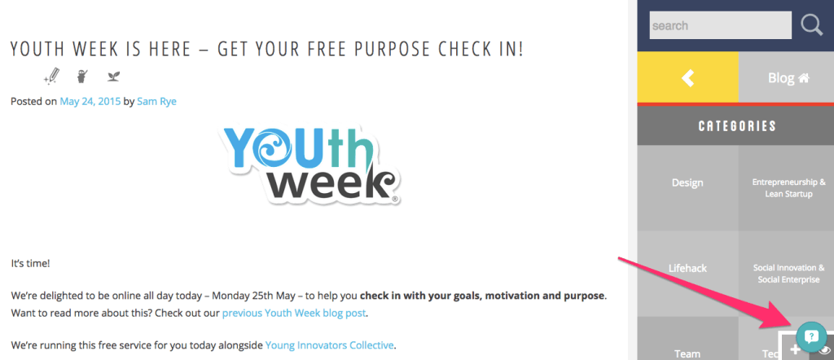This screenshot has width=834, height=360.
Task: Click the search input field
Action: pyautogui.click(x=720, y=25)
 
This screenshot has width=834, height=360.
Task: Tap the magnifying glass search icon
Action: pyautogui.click(x=812, y=25)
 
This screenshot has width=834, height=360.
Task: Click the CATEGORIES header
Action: pyautogui.click(x=737, y=126)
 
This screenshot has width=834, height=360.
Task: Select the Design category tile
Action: pyautogui.click(x=687, y=182)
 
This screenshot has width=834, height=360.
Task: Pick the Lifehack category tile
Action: pyautogui.click(x=687, y=268)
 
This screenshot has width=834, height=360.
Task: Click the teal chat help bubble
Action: pyautogui.click(x=811, y=336)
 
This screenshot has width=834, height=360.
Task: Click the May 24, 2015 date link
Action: pyautogui.click(x=90, y=101)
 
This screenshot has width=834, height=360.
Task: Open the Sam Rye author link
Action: pyautogui.click(x=156, y=101)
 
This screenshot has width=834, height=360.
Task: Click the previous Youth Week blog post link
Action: pyautogui.click(x=293, y=313)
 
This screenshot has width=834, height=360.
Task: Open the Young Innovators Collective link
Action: pyautogui.click(x=330, y=345)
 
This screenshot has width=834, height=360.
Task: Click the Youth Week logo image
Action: pyautogui.click(x=309, y=165)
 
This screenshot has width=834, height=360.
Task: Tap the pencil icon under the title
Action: pyautogui.click(x=51, y=77)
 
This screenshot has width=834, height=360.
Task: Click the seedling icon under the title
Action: pyautogui.click(x=113, y=77)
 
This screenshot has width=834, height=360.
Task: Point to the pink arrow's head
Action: pyautogui.click(x=788, y=321)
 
